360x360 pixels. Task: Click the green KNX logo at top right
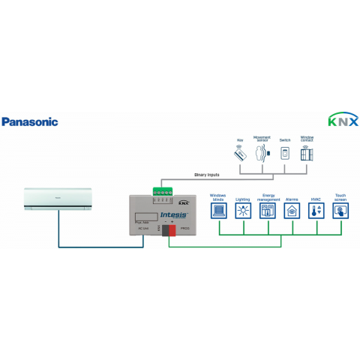coord(343,120)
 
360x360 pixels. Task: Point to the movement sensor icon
coord(262,154)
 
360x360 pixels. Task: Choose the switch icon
coord(285,153)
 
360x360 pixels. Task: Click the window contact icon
coord(307,153)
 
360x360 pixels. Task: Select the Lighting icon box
coord(242,211)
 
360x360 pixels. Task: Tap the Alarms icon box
coord(292,211)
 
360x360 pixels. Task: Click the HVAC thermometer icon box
coord(316,211)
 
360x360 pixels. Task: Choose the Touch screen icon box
coord(340,211)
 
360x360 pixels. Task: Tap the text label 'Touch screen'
coord(340,195)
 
